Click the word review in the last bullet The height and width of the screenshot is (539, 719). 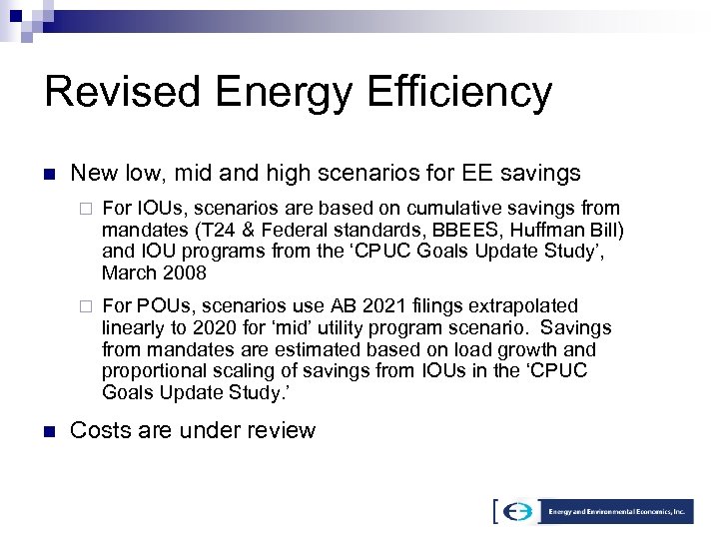[282, 431]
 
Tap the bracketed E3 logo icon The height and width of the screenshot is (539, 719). [517, 511]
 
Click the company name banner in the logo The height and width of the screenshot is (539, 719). [616, 511]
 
